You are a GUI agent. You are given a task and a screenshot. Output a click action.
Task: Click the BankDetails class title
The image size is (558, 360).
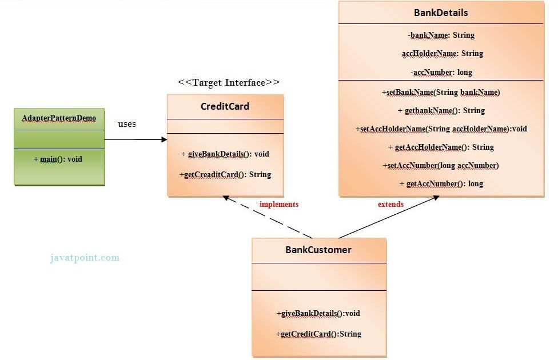point(441,13)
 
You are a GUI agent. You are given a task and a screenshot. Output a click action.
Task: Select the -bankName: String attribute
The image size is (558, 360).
point(441,35)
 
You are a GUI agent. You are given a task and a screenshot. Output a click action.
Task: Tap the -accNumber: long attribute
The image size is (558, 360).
point(441,72)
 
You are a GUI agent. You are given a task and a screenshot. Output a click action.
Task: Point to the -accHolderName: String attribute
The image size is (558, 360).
point(441,53)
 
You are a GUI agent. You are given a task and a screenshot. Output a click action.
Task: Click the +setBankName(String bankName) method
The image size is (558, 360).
point(441,92)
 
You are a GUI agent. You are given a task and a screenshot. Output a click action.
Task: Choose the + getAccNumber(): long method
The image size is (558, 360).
point(441,183)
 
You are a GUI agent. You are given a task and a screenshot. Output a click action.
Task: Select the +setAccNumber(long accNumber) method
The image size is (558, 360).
point(441,165)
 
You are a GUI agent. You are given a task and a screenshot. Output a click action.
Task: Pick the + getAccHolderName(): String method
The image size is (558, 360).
point(441,147)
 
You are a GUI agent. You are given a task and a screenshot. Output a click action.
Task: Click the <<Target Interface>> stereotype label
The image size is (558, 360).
point(229,82)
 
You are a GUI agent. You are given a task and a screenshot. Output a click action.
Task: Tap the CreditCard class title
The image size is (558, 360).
point(225,106)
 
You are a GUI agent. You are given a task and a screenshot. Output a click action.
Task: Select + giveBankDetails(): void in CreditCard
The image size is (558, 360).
point(225,154)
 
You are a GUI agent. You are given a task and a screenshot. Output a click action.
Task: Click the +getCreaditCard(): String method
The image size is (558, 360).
point(225,174)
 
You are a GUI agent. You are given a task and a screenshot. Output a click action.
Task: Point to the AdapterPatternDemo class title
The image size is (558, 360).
point(59,118)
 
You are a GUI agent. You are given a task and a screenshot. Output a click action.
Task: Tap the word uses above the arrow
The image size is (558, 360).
point(126,123)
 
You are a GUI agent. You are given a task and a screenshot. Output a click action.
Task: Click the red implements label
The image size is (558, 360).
point(278,204)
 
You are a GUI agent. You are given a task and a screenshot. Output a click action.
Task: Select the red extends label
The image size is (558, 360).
point(390,204)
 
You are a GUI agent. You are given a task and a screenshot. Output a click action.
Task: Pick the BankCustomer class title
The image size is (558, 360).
point(318,250)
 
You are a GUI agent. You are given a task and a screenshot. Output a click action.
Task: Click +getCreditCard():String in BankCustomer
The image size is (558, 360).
point(318,334)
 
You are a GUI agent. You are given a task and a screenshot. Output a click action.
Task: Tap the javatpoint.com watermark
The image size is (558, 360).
point(84,257)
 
